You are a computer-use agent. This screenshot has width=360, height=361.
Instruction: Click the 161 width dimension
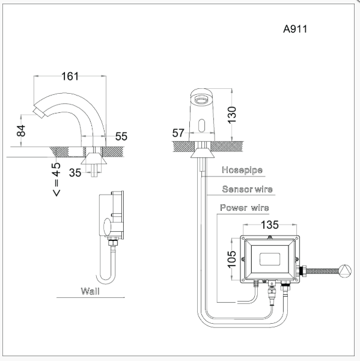coord(70,76)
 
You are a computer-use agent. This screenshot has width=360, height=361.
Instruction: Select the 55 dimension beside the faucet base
coord(121,136)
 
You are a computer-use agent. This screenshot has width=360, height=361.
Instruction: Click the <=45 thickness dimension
coord(56,180)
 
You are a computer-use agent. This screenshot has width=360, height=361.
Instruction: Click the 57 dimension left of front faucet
coord(178,132)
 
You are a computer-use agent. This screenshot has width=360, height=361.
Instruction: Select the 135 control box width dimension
coord(270,225)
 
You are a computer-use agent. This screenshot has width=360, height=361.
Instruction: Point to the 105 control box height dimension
coord(233,259)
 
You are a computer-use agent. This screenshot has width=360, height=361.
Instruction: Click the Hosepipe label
coord(242,170)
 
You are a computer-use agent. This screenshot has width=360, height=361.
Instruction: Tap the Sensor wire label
coord(247,189)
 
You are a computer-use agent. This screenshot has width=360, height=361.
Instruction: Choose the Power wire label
coord(244,208)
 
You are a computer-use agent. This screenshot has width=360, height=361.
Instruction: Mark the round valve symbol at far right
coord(345,270)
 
